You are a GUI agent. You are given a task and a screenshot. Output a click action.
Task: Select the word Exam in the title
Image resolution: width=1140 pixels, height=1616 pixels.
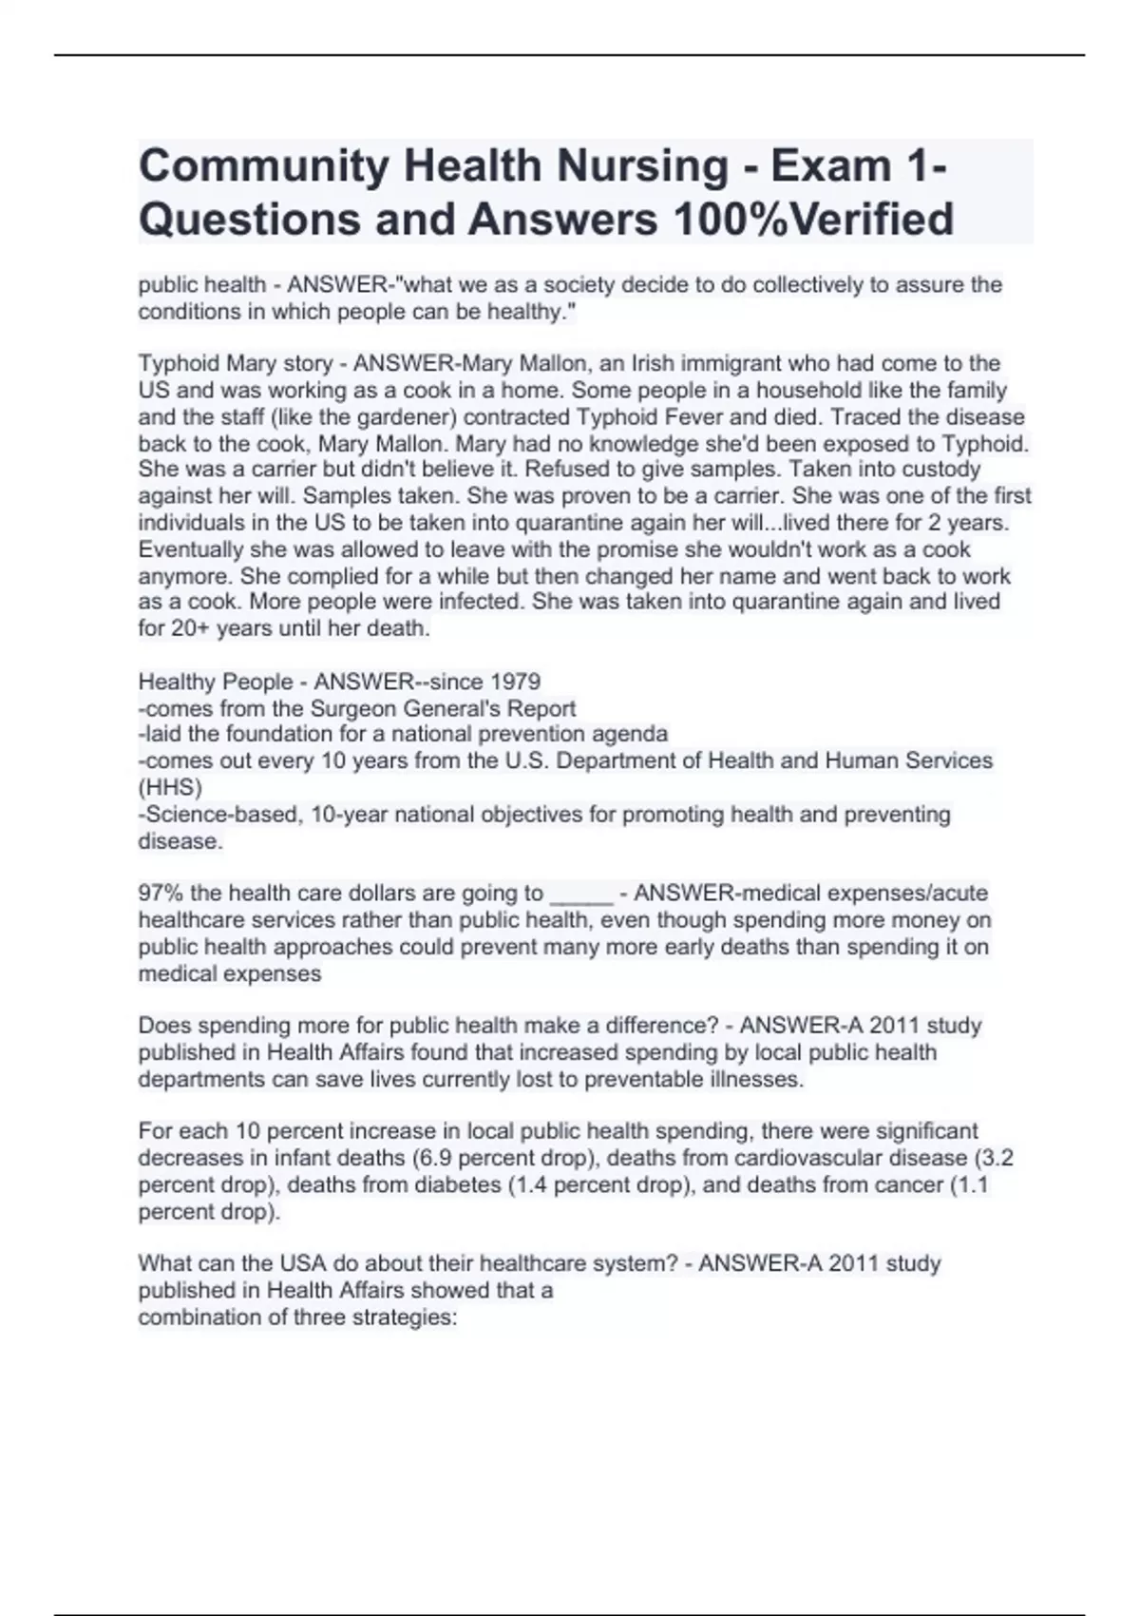coord(829,166)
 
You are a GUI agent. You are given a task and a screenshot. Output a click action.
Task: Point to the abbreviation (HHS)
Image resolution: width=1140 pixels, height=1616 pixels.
coord(170,787)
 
